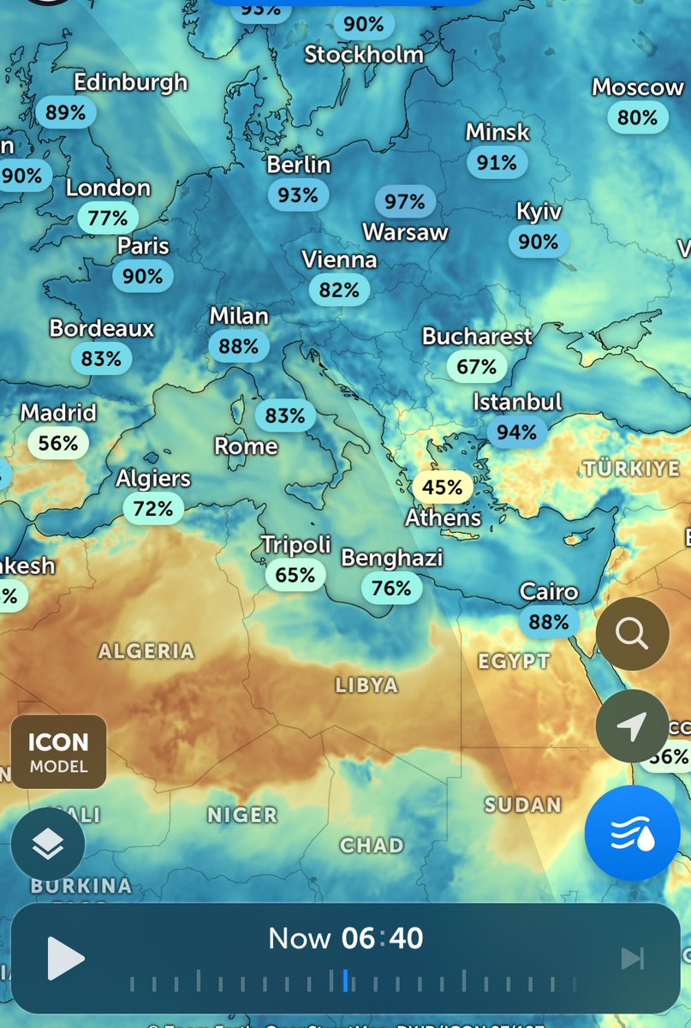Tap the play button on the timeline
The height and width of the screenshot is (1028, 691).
click(65, 958)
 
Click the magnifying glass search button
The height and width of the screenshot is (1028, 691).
click(632, 634)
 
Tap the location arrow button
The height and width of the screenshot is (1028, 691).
click(632, 726)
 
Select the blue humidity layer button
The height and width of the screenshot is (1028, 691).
click(632, 833)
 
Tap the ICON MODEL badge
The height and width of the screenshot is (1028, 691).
click(58, 751)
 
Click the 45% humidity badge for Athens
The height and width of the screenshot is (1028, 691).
click(443, 487)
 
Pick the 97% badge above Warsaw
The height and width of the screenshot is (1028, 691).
click(405, 201)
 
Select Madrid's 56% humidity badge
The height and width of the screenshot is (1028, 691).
click(58, 443)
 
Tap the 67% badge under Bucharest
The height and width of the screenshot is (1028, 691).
click(476, 367)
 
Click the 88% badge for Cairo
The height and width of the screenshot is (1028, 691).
click(549, 622)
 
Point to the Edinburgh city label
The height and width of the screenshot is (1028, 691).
click(130, 83)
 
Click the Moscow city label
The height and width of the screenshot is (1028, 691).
click(638, 87)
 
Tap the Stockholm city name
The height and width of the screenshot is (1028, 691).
click(364, 55)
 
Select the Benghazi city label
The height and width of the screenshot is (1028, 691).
click(392, 559)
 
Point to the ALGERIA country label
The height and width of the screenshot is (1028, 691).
click(146, 651)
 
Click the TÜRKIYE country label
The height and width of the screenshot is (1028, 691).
click(632, 469)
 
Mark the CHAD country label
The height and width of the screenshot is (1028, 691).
click(372, 846)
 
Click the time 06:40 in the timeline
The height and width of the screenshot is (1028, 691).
click(382, 938)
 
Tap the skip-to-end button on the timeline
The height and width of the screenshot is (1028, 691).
click(633, 959)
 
